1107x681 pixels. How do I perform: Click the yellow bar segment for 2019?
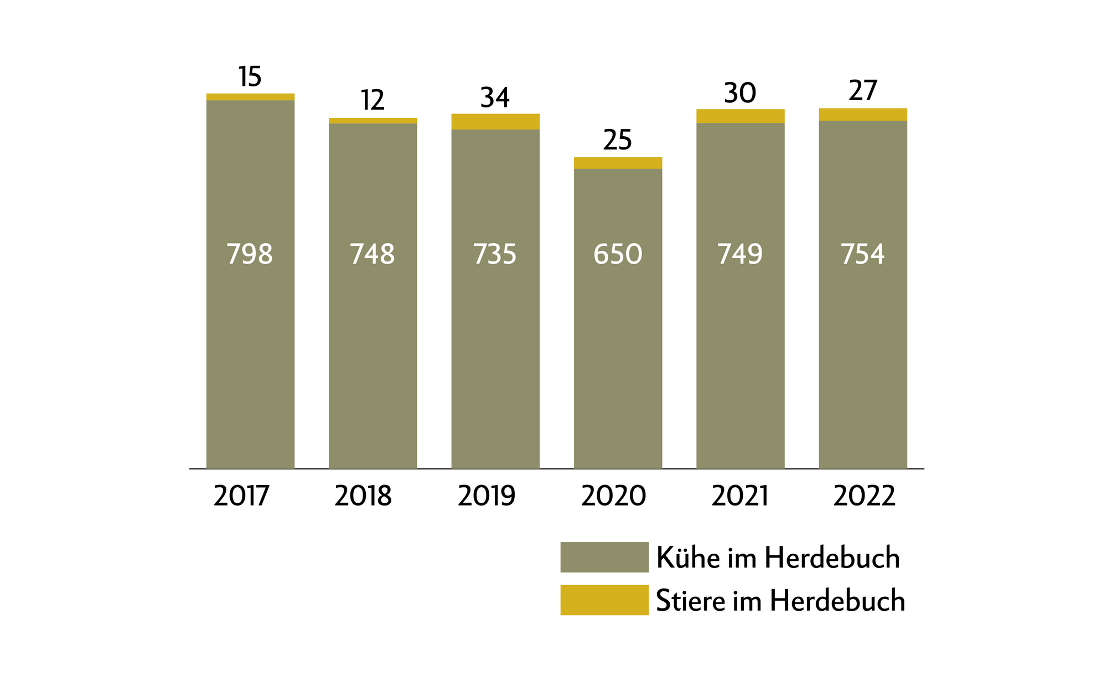click(495, 122)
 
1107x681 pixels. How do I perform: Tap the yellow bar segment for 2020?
click(618, 163)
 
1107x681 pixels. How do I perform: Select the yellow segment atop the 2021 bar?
click(740, 116)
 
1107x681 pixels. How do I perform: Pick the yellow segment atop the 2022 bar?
click(863, 115)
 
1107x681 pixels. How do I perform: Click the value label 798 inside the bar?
click(250, 255)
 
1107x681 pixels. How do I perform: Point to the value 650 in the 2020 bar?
click(618, 255)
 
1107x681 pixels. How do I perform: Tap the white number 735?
click(495, 255)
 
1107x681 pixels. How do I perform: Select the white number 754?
click(863, 255)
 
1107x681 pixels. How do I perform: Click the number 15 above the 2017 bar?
click(250, 77)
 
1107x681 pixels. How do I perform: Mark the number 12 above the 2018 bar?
click(373, 101)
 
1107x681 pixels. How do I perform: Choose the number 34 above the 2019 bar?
click(495, 98)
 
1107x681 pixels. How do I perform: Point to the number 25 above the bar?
click(618, 140)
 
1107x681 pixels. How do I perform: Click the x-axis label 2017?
click(241, 496)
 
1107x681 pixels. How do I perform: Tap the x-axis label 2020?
click(613, 496)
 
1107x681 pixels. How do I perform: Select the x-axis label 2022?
click(864, 496)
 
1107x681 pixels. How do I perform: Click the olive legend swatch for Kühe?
click(604, 557)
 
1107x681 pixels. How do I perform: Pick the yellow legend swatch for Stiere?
click(604, 600)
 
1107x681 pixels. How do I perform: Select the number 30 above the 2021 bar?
click(740, 94)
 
